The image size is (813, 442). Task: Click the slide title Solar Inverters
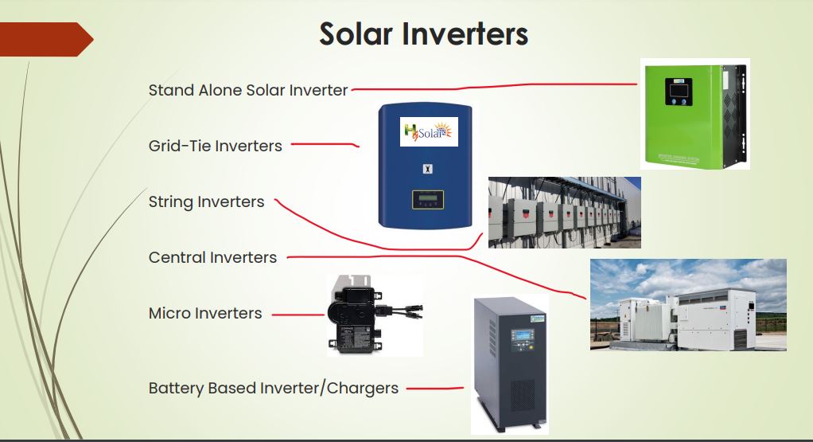point(424,34)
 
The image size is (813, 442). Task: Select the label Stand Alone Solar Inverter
point(248,90)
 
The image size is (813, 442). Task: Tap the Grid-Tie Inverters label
point(215,146)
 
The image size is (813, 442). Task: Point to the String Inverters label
point(206,201)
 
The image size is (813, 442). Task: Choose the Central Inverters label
point(212,257)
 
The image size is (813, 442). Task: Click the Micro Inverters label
point(205,313)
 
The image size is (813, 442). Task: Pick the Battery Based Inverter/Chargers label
point(273,388)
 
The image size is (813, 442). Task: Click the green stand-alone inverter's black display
point(679,92)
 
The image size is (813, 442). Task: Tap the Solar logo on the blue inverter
point(429,131)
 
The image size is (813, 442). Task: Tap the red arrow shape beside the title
point(46,40)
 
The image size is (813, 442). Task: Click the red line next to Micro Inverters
point(298,315)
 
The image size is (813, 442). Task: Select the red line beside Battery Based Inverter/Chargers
point(435,388)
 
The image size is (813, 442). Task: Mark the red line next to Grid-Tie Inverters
point(325,144)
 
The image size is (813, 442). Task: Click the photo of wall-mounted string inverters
point(565,213)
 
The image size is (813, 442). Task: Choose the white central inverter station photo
point(688,305)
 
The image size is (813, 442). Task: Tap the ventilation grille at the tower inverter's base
point(523,396)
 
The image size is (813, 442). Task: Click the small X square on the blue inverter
point(427,169)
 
